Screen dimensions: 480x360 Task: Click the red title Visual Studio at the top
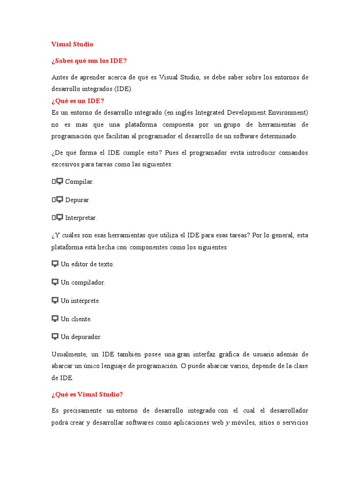[72, 44]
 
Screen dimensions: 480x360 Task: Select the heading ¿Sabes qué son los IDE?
[89, 61]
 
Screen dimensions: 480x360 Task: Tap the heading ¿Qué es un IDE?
[78, 101]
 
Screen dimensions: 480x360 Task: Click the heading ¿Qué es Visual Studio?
[87, 394]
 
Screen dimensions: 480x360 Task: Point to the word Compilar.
[80, 181]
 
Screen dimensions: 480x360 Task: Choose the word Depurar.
[78, 200]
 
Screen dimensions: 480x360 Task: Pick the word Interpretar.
[81, 218]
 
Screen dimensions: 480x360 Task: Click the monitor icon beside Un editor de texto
[55, 263]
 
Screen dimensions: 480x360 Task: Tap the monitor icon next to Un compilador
[55, 282]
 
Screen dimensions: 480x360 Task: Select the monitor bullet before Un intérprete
[55, 300]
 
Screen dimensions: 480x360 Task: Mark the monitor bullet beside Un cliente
[55, 318]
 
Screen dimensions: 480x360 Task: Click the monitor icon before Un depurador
[55, 336]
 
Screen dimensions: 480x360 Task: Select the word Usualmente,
[69, 354]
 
